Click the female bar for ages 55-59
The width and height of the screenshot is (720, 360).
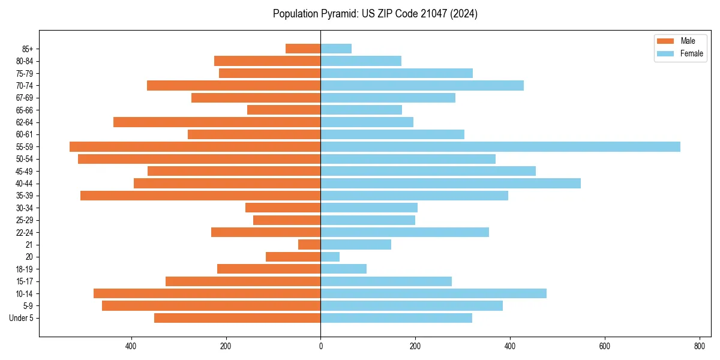coord(500,147)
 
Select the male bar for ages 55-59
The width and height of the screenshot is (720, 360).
coord(195,147)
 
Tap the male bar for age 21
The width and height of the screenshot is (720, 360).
coord(310,245)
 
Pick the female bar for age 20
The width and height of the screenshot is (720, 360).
coord(330,257)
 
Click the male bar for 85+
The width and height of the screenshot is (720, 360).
coord(303,49)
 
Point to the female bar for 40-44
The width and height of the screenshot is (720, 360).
coord(451,184)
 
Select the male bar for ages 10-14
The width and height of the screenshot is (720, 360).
coord(207,293)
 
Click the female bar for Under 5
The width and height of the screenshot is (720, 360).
coord(396,318)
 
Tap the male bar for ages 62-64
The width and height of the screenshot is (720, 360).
coord(217,122)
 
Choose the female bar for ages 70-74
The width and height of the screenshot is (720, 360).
coord(422,86)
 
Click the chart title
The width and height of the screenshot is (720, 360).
coord(375,14)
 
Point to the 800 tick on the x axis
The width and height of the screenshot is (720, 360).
coord(699,346)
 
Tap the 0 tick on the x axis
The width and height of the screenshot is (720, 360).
coord(320,346)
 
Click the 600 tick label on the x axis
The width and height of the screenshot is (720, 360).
coord(604,346)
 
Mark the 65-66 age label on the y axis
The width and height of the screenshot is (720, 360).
coord(25,110)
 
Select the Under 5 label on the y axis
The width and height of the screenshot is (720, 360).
coord(22,318)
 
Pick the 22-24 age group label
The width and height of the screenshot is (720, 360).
coord(25,233)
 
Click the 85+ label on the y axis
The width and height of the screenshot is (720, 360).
coord(28,49)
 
